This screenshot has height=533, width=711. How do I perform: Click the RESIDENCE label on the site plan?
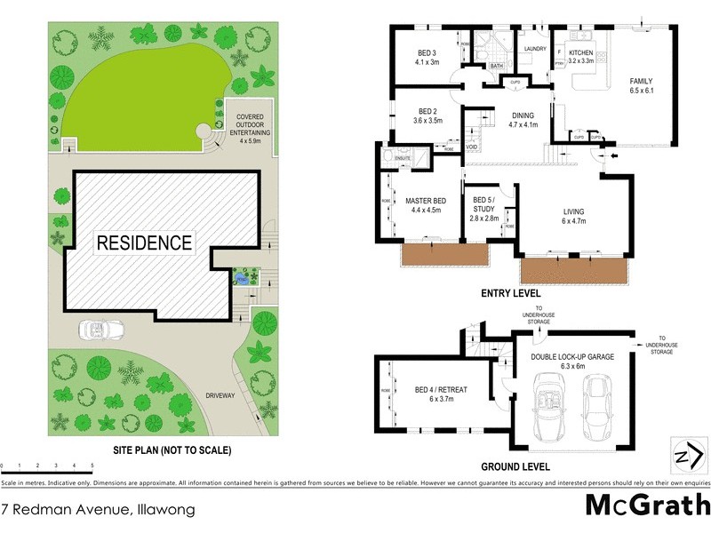coord(144,243)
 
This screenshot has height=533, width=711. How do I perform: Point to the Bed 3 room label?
coord(427,57)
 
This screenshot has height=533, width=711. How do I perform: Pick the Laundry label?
coord(534,49)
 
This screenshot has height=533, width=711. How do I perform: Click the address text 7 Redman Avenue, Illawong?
coord(98,510)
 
